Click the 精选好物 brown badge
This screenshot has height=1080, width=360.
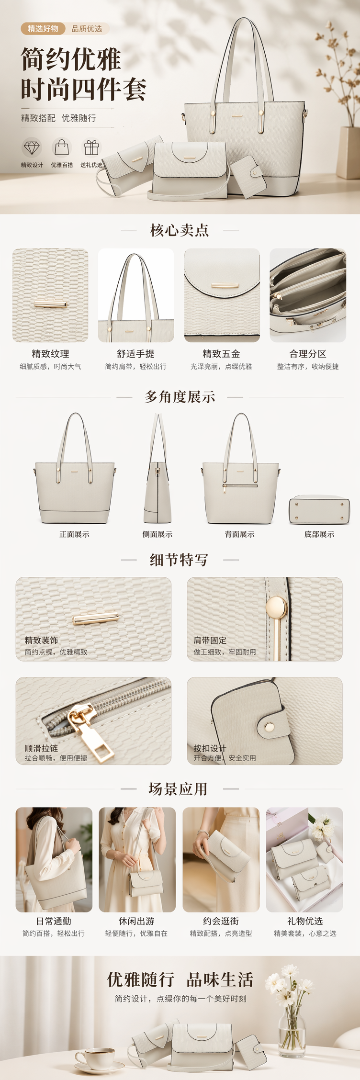43,29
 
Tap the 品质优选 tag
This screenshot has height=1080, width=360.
87,29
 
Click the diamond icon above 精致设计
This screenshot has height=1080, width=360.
32,147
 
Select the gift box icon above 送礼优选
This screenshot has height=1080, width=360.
91,147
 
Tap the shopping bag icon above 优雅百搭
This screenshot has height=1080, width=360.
62,147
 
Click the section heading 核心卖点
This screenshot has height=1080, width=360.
180,230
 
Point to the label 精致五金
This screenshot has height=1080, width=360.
221,354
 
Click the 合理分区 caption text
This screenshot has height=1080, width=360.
308,354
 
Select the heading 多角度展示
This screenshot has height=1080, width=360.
180,397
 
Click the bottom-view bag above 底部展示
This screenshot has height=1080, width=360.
319,510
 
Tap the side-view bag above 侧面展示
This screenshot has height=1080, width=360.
157,468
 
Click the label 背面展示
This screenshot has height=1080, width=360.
240,534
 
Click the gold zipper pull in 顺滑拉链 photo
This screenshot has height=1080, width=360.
92,733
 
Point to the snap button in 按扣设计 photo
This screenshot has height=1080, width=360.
270,727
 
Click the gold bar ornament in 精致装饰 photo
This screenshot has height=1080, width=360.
95,619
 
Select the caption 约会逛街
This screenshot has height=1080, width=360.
221,921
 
